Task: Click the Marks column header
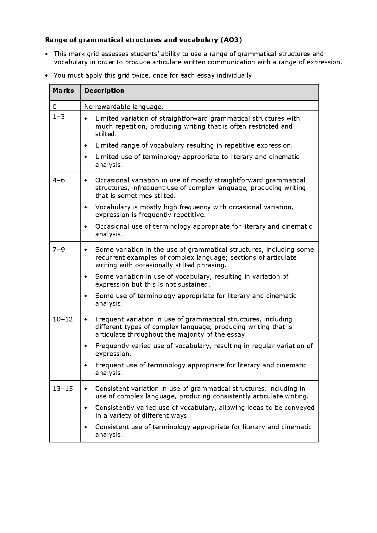pos(63,91)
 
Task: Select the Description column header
pos(104,91)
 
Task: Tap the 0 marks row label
pos(54,107)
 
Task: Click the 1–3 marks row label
pos(59,117)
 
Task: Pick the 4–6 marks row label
pos(59,180)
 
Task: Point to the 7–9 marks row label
pos(59,250)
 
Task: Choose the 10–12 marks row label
pos(63,319)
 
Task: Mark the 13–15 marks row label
pos(63,389)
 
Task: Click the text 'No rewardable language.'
pos(124,107)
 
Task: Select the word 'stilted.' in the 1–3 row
pos(106,134)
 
